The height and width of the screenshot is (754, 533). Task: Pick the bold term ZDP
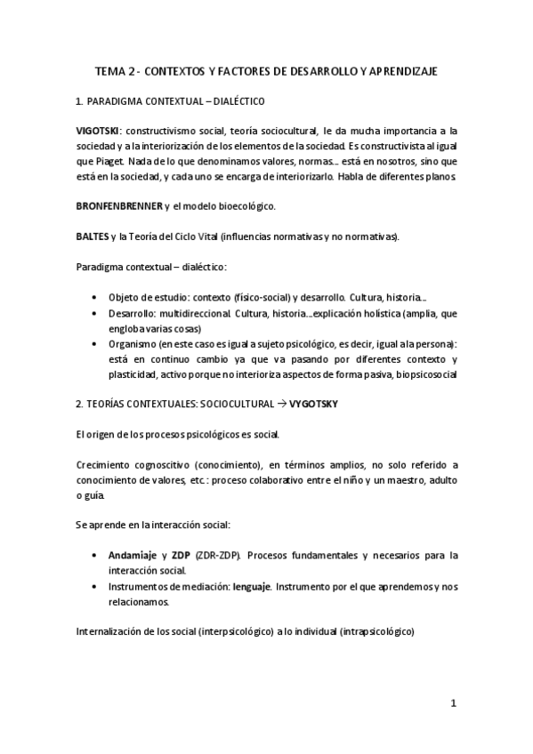pyautogui.click(x=182, y=555)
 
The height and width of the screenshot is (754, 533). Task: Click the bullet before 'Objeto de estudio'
pyautogui.click(x=95, y=297)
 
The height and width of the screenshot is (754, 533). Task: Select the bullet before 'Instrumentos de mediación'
pyautogui.click(x=95, y=587)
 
